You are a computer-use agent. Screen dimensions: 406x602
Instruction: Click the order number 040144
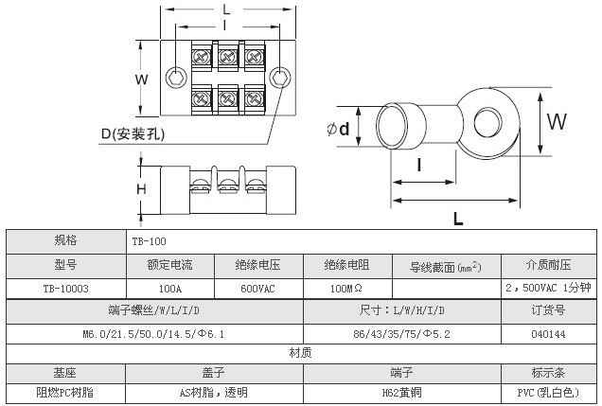click(548, 334)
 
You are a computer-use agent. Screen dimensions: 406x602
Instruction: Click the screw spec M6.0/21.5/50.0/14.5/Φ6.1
click(152, 334)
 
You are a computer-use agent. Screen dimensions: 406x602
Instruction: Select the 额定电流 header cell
click(170, 266)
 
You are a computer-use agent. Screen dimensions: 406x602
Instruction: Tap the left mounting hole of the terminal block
click(175, 77)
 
